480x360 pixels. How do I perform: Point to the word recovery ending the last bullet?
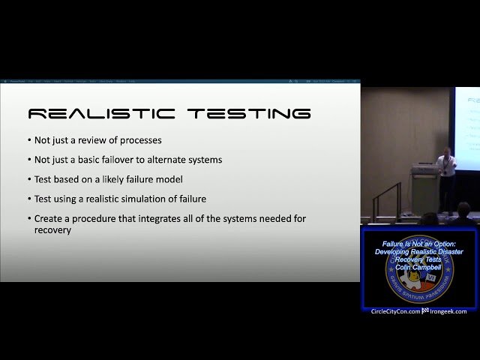click(x=52, y=230)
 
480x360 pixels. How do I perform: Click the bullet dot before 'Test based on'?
click(x=29, y=180)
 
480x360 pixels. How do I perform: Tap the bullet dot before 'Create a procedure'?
click(x=29, y=219)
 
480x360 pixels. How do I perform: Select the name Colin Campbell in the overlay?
click(x=419, y=266)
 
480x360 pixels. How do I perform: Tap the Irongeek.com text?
click(x=448, y=311)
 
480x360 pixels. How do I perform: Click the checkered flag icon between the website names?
click(x=425, y=311)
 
